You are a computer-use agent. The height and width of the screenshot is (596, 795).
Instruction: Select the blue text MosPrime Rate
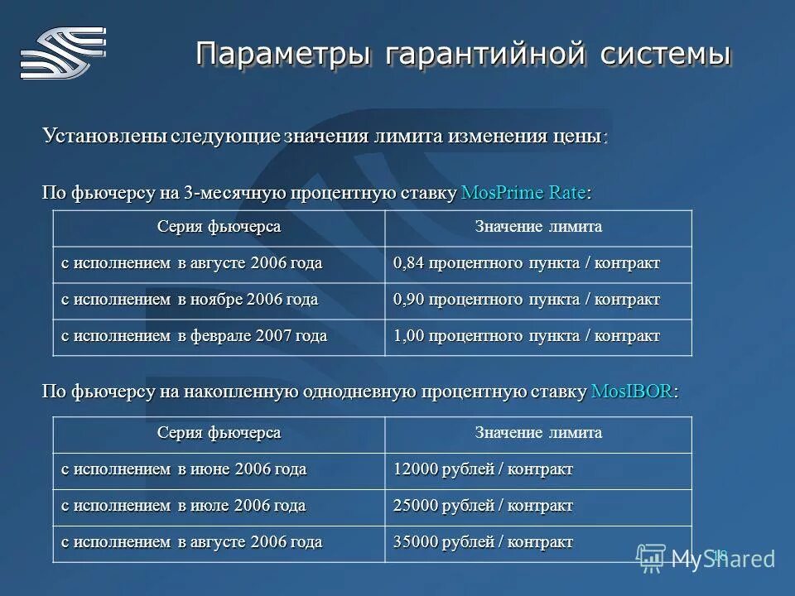523,193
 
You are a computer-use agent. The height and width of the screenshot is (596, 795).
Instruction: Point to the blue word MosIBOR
633,392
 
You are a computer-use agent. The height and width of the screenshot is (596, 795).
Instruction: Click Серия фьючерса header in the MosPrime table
219,227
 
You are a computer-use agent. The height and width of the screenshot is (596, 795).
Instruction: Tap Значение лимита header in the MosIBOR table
538,433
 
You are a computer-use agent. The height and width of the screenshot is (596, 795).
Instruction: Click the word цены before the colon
577,135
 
